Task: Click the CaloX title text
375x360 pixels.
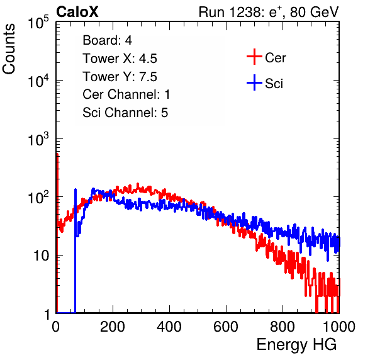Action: [x=77, y=12]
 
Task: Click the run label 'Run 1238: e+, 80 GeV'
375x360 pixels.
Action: [x=269, y=12]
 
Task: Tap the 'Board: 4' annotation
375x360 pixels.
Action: [x=107, y=40]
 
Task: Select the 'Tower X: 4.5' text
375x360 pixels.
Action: [x=120, y=59]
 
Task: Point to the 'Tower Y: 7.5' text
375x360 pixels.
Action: [x=120, y=77]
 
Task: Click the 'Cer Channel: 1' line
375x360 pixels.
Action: [x=126, y=94]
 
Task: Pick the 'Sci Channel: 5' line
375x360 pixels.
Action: [x=125, y=113]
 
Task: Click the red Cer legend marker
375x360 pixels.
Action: [x=254, y=57]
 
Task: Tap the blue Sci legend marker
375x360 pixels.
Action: [x=254, y=82]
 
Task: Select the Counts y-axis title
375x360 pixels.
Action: [x=9, y=49]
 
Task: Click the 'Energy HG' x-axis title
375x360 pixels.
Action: [x=296, y=345]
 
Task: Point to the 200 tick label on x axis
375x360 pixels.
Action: [x=113, y=327]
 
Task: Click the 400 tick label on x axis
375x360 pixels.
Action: [x=169, y=327]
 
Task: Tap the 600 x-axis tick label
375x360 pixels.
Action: [x=226, y=327]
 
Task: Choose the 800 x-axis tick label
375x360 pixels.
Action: [x=283, y=327]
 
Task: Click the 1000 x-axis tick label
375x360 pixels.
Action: [x=339, y=327]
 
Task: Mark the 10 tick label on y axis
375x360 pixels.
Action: [x=42, y=256]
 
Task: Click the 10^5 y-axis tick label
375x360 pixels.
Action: [x=38, y=23]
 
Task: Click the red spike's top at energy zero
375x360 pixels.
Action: [x=57, y=154]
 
